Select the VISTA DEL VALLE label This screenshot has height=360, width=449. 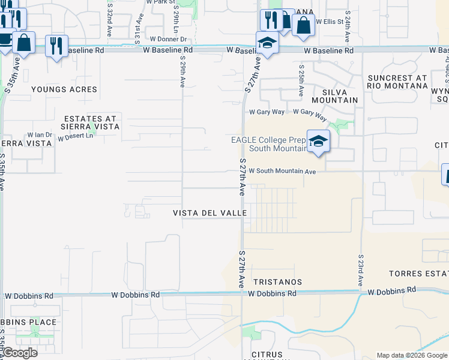click(206, 214)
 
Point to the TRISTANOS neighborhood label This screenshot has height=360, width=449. click(277, 281)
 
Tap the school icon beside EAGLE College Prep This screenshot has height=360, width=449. click(319, 141)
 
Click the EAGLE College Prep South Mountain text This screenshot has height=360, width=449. click(269, 144)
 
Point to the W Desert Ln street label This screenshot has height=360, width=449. click(76, 137)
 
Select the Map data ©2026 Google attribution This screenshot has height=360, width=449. click(411, 355)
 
